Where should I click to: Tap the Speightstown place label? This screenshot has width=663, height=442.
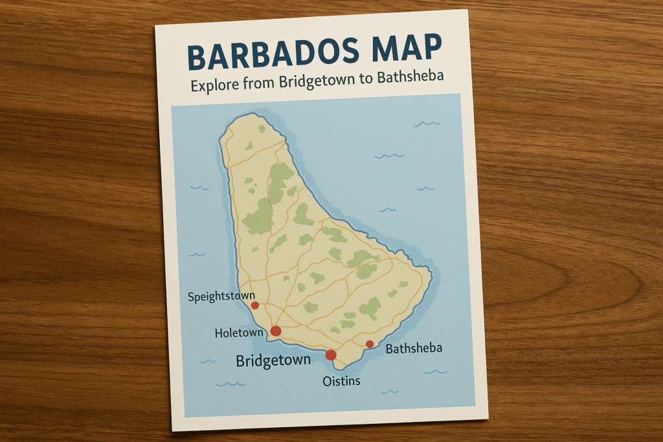pos(222,297)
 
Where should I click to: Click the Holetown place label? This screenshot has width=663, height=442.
pos(239,333)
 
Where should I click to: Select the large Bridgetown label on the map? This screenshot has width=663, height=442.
pos(273,360)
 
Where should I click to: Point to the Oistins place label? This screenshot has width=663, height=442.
pos(341,381)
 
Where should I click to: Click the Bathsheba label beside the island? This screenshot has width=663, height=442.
pos(414,349)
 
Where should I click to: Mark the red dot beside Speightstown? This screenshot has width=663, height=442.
pos(255,305)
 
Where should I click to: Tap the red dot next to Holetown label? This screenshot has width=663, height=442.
pos(275,331)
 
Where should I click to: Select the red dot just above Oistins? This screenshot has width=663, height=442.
pos(331,355)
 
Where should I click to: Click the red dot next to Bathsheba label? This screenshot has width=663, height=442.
pos(370,344)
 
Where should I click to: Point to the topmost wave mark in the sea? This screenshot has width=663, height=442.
pos(427,123)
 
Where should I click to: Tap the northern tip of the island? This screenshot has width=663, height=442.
pos(249,116)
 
